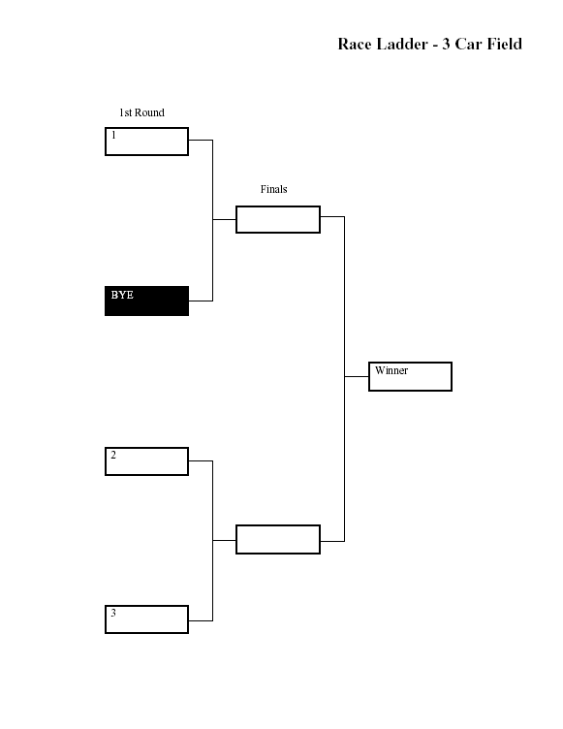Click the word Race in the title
[355, 44]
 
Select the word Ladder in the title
[401, 44]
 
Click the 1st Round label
[141, 112]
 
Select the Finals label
[274, 189]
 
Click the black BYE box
[147, 301]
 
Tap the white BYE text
[122, 295]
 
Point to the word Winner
[391, 370]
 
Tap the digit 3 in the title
[446, 44]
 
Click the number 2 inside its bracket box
[113, 455]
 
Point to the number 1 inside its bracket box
[113, 135]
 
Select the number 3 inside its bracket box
[113, 613]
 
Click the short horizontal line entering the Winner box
[357, 376]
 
